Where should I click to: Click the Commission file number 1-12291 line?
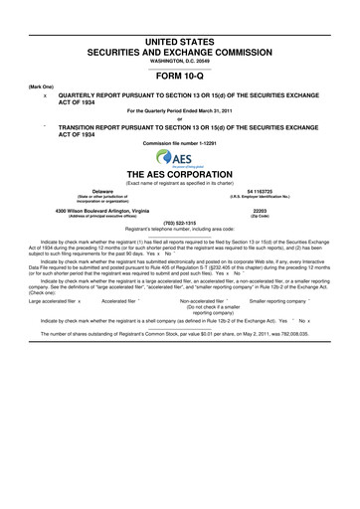point(180,144)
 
